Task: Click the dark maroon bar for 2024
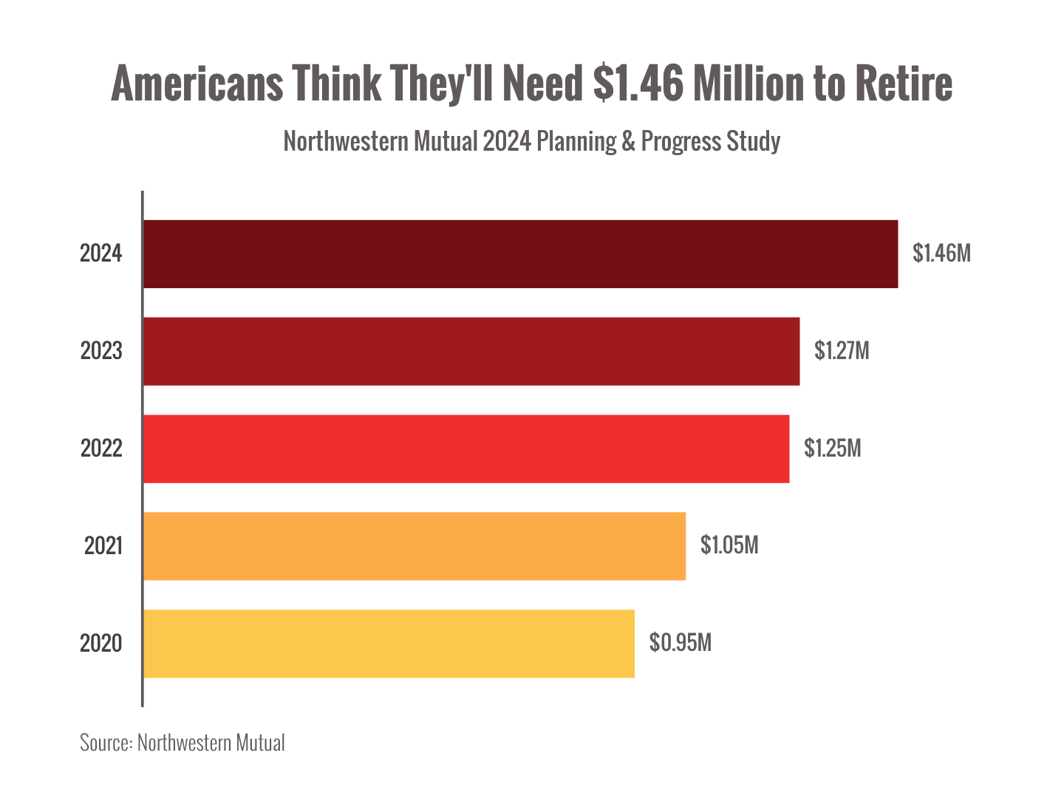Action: click(x=521, y=253)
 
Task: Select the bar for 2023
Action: click(x=471, y=351)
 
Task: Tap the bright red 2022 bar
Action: click(x=466, y=449)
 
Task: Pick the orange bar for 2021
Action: click(x=415, y=546)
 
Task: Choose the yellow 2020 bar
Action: click(x=389, y=644)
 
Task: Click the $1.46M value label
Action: click(x=941, y=253)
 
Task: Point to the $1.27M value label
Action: click(x=842, y=350)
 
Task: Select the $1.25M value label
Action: click(x=833, y=449)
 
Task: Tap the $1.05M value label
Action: click(x=729, y=545)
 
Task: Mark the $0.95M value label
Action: click(x=680, y=643)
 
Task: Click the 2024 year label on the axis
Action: click(x=101, y=253)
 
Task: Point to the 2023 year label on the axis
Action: click(x=101, y=350)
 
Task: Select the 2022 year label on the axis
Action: click(x=101, y=449)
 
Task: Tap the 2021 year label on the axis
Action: click(x=103, y=546)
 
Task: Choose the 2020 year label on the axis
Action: click(x=101, y=644)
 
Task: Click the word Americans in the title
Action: click(x=197, y=83)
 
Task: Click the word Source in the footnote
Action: click(x=106, y=743)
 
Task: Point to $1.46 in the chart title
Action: click(x=638, y=83)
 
